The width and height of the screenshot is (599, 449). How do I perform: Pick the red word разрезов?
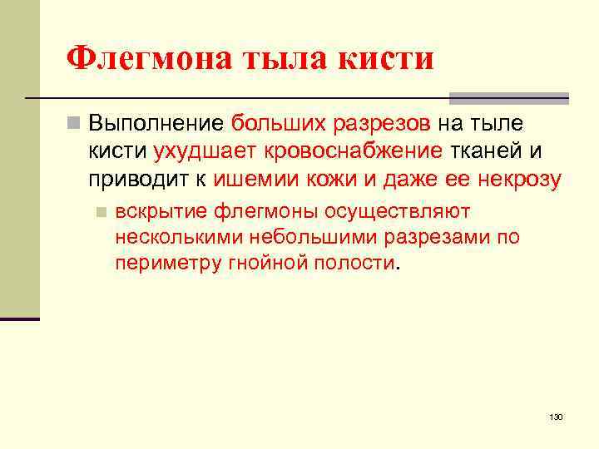382,124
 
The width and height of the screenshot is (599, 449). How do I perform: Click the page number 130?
557,416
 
